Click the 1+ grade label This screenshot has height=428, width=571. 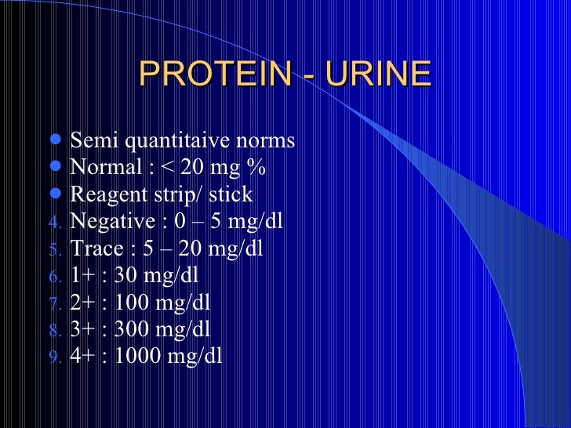pyautogui.click(x=82, y=276)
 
